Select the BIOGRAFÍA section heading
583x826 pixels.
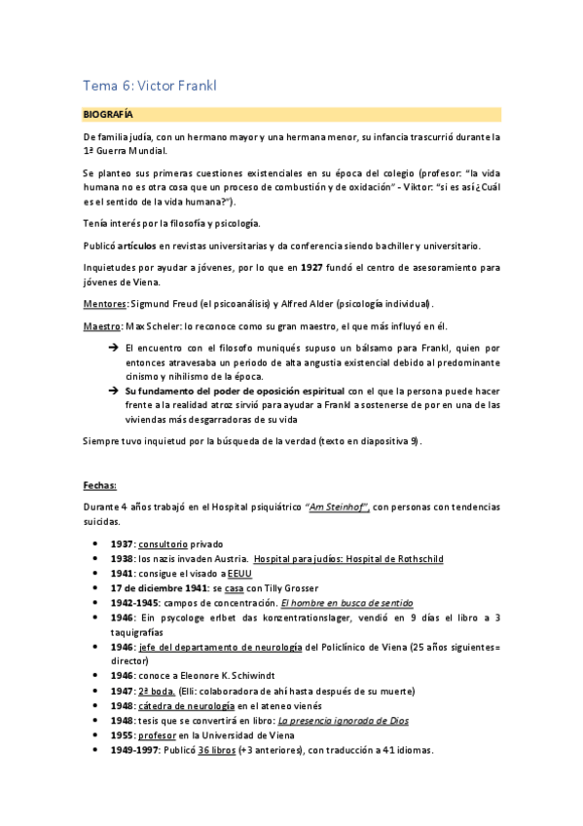point(108,114)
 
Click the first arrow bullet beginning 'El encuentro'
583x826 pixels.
point(113,348)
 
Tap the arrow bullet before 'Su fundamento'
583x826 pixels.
point(113,390)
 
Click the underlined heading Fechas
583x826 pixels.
point(100,484)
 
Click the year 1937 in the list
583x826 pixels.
point(123,544)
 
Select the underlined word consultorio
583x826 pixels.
point(164,544)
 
